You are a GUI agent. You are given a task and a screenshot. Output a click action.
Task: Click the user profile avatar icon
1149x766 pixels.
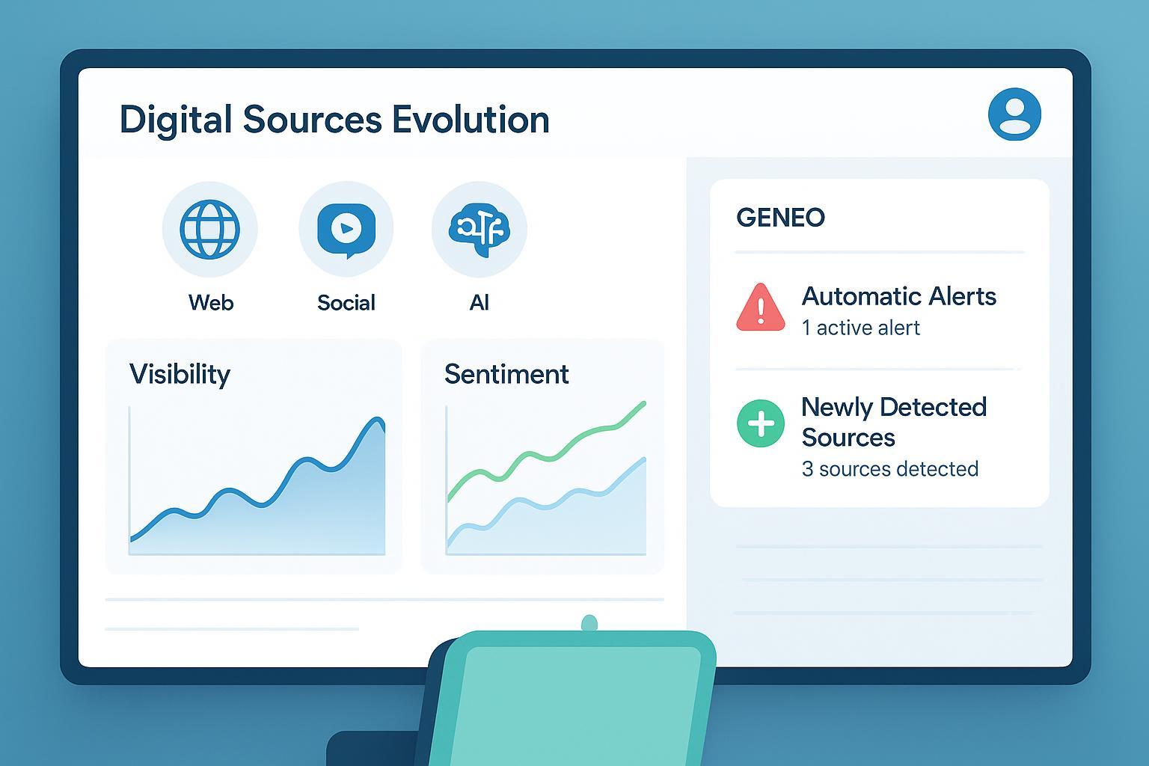[1014, 114]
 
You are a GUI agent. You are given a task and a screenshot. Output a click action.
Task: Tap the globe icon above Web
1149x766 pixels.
[209, 229]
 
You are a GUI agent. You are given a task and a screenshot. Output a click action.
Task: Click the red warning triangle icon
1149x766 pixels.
[760, 307]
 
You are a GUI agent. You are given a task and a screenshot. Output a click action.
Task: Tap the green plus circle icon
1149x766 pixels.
[760, 423]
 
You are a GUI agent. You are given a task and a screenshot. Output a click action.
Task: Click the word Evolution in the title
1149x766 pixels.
[471, 120]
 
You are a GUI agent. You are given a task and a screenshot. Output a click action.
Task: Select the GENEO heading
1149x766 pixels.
[780, 218]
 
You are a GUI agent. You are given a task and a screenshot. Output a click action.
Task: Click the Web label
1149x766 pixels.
[211, 303]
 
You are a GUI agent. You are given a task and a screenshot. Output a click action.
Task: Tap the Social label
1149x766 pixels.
[346, 303]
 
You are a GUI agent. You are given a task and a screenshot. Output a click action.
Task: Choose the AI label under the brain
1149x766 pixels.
[479, 303]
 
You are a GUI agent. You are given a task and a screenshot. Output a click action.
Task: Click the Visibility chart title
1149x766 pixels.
[180, 375]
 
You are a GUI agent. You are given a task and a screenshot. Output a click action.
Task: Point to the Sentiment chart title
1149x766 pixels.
[506, 374]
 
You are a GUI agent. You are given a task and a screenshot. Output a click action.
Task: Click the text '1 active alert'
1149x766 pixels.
[861, 328]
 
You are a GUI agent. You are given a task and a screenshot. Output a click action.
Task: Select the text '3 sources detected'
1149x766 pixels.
[890, 469]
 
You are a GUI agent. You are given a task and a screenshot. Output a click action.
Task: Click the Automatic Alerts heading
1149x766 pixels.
[898, 296]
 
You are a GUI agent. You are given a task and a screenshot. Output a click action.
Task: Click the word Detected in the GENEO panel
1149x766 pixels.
[933, 408]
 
